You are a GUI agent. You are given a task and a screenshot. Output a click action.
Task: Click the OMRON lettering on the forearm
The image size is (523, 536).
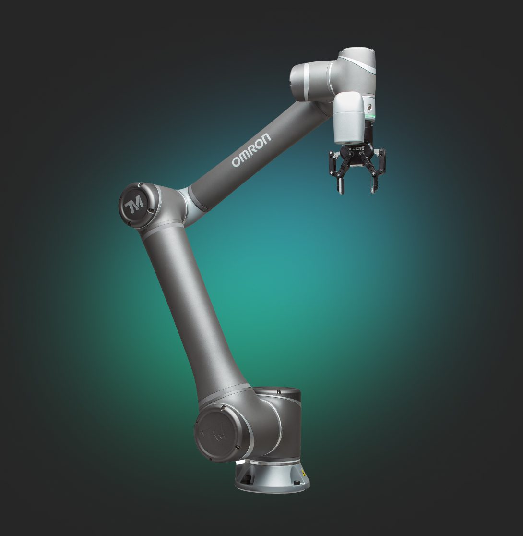pyautogui.click(x=251, y=150)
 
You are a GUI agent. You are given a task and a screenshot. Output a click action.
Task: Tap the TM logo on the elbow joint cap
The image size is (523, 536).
pyautogui.click(x=134, y=205)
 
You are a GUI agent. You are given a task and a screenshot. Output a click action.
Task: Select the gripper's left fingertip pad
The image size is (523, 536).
pyautogui.click(x=341, y=185)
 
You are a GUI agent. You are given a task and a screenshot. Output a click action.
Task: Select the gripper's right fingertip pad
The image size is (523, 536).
pyautogui.click(x=374, y=185)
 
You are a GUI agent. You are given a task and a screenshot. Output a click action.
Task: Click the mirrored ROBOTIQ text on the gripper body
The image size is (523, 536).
pyautogui.click(x=352, y=150)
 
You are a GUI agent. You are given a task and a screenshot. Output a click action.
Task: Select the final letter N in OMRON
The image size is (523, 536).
pyautogui.click(x=266, y=138)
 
